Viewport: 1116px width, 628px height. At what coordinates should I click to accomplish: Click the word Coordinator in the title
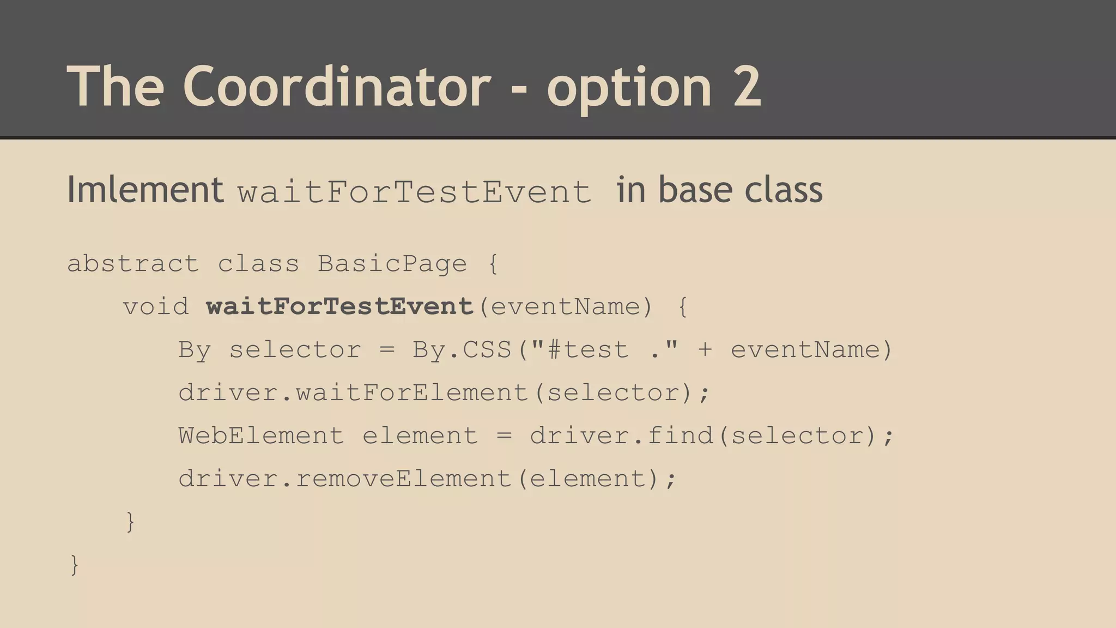336,86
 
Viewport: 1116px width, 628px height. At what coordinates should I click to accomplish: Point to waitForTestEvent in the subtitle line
414,192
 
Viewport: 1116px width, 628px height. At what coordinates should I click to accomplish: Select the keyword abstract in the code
133,264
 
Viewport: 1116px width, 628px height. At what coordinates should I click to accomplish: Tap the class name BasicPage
392,264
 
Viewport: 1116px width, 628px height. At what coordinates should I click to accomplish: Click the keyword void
156,307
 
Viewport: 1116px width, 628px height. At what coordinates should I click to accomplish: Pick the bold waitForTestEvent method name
340,307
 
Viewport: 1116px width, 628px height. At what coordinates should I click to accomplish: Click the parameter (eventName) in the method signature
565,307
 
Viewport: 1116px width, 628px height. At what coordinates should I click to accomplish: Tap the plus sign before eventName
705,350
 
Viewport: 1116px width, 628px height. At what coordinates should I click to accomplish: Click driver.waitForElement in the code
354,393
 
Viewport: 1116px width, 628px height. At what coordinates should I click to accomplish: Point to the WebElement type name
261,436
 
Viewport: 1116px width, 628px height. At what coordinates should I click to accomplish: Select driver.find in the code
621,436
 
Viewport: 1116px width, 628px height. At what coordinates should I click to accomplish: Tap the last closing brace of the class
75,565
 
